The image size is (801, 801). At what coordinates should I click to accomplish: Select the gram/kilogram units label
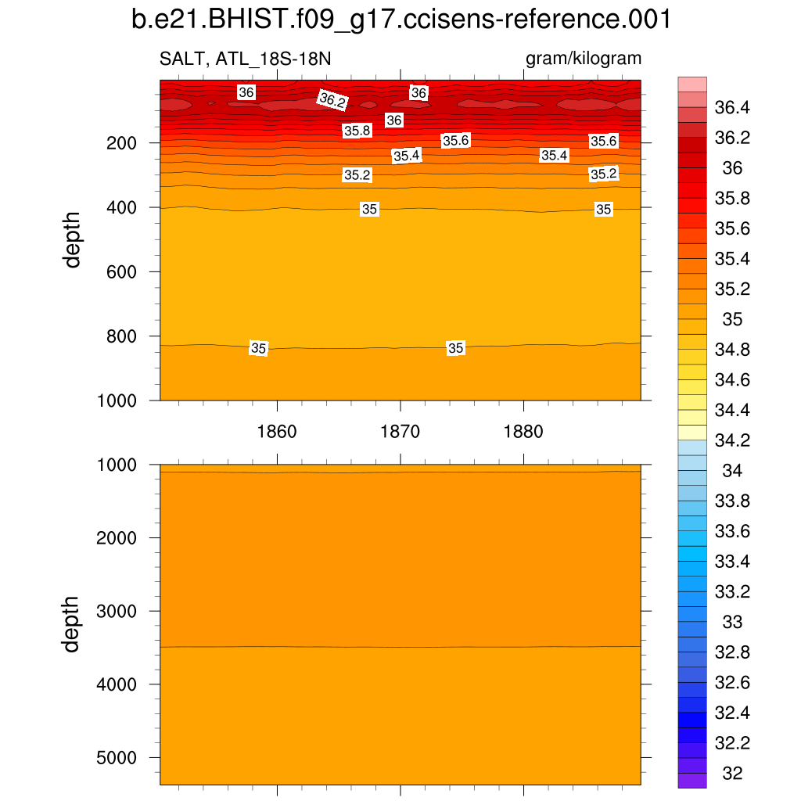(584, 59)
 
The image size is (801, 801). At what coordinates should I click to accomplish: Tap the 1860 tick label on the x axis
(277, 431)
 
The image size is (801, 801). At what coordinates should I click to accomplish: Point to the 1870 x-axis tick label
(400, 431)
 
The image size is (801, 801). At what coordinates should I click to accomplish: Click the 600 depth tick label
(122, 272)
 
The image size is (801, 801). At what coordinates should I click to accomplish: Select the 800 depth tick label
(122, 336)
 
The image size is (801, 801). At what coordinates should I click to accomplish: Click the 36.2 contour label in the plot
(332, 100)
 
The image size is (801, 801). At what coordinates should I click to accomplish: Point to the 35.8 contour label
(357, 131)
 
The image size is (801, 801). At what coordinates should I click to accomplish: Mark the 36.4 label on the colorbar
(734, 107)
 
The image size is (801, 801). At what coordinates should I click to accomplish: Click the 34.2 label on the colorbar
(734, 440)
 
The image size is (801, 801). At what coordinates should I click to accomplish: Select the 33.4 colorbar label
(734, 562)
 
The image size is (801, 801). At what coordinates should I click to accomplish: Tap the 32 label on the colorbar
(732, 774)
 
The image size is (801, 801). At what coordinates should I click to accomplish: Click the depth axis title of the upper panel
(73, 239)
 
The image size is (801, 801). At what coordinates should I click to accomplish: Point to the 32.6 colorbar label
(734, 683)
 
